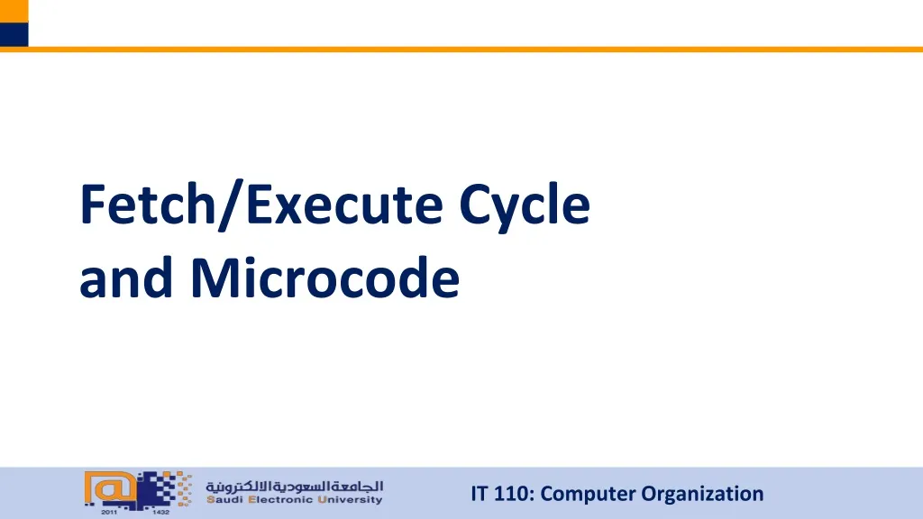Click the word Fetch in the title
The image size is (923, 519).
pos(151,205)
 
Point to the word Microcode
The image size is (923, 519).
pos(324,279)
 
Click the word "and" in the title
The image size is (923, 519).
pos(128,279)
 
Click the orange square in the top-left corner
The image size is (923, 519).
pos(14,11)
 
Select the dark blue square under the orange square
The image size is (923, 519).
pos(14,34)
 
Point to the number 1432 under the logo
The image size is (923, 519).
pos(160,512)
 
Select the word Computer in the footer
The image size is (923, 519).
pos(589,494)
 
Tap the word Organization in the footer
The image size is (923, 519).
pos(702,494)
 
